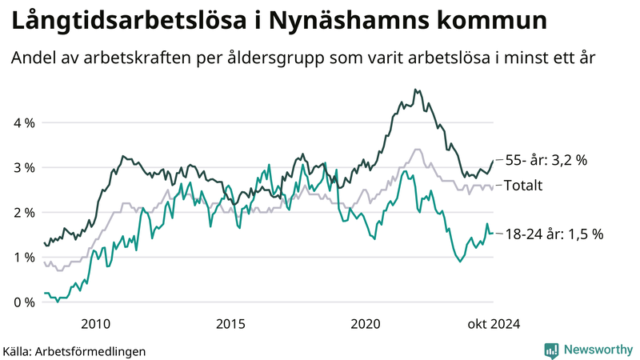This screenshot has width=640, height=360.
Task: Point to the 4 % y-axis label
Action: [24, 123]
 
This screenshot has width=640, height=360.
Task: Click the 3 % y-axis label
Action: [24, 168]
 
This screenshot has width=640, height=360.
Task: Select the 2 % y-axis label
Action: [24, 213]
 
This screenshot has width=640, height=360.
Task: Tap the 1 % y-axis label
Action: [24, 258]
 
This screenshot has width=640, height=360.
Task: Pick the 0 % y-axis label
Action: [24, 302]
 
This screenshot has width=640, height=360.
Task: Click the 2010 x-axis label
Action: [95, 324]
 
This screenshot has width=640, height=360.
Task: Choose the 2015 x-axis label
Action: [231, 324]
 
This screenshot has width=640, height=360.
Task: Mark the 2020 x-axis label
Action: [367, 324]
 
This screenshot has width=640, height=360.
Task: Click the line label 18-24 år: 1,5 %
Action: [554, 234]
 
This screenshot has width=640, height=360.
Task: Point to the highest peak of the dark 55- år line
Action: [415, 90]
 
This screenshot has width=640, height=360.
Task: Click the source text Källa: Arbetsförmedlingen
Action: [75, 350]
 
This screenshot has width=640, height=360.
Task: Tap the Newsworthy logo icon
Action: [551, 350]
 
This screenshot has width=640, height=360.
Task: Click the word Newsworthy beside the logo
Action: [598, 350]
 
